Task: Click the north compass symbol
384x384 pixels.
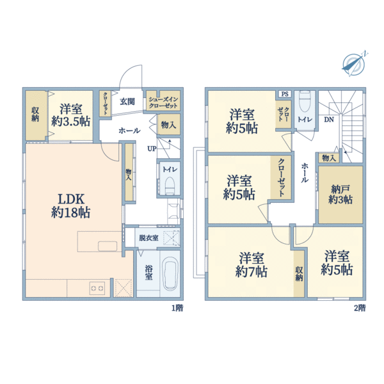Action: (x=354, y=64)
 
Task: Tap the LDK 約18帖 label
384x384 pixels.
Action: (x=71, y=205)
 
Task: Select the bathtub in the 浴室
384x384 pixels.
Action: (x=170, y=275)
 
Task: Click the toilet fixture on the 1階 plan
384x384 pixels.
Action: (x=170, y=186)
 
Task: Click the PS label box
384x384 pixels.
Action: (x=285, y=94)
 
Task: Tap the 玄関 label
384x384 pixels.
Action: (x=127, y=101)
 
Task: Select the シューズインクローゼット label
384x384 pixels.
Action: (x=163, y=102)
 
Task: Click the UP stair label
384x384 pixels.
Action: (x=152, y=148)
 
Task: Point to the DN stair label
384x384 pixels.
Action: (x=329, y=120)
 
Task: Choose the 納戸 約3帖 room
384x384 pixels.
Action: (x=340, y=195)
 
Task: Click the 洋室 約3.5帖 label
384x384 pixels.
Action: (x=71, y=115)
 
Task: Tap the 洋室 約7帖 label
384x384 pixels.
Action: (x=252, y=265)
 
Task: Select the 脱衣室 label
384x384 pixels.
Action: (x=148, y=238)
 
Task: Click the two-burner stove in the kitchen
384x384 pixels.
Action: (x=97, y=288)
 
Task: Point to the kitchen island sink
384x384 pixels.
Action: (x=108, y=246)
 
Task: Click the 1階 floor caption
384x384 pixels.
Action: (x=177, y=308)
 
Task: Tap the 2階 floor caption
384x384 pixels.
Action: (x=360, y=308)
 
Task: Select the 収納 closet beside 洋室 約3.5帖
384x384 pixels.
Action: (x=35, y=116)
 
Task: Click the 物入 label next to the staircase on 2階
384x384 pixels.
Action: (x=329, y=158)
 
